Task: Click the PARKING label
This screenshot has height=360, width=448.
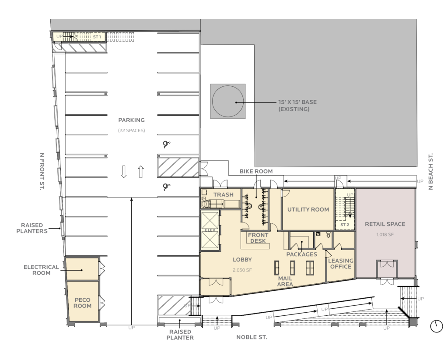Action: (x=131, y=120)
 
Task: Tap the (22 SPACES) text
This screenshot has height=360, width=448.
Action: (x=131, y=131)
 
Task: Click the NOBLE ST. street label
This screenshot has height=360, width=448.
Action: (x=252, y=338)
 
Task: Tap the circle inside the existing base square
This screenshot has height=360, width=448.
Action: (x=228, y=101)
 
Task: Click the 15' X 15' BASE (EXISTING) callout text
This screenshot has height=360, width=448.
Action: (x=297, y=106)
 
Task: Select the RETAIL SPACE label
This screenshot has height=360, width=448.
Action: (x=385, y=224)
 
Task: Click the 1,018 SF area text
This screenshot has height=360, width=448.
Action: (x=385, y=235)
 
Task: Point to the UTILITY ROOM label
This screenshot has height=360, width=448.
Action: (x=308, y=209)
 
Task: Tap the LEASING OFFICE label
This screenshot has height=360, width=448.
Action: (x=340, y=264)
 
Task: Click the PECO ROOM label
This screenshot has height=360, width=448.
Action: (x=82, y=303)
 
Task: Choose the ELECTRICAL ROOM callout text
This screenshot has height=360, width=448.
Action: (x=41, y=270)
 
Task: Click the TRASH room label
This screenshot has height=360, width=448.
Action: (x=223, y=194)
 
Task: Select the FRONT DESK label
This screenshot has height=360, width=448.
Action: (x=258, y=238)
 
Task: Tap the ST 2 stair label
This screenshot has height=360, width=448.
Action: (x=344, y=225)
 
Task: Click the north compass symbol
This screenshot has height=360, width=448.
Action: (x=436, y=326)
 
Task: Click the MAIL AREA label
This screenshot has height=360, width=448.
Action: (x=285, y=281)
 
